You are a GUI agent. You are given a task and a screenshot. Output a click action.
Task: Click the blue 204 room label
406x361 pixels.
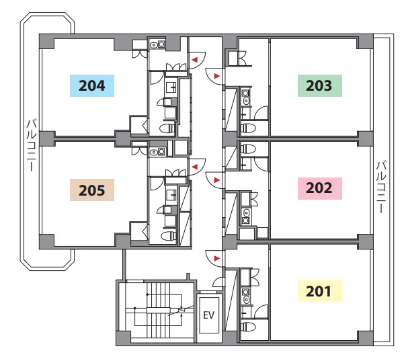click(x=92, y=85)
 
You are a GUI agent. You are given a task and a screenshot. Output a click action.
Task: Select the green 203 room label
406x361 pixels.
click(x=320, y=85)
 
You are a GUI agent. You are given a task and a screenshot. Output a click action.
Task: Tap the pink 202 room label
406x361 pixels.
click(x=320, y=188)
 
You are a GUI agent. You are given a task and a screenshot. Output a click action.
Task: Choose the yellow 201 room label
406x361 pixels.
click(x=320, y=291)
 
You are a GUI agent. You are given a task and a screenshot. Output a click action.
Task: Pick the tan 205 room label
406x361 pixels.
click(x=92, y=190)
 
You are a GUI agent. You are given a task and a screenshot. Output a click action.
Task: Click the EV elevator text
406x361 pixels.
click(x=208, y=315)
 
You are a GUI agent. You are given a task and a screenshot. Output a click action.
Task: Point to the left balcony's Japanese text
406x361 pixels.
click(x=32, y=145)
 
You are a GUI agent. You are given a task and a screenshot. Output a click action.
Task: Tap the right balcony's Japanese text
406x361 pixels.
click(x=381, y=187)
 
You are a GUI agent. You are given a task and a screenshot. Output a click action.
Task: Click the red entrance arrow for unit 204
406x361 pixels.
click(x=195, y=60)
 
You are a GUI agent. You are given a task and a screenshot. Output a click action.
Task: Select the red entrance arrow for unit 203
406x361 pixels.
click(x=217, y=76)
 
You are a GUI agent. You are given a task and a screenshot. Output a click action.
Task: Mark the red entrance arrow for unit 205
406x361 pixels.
click(x=195, y=167)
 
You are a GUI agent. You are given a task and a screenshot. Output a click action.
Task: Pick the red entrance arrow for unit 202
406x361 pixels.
click(x=217, y=180)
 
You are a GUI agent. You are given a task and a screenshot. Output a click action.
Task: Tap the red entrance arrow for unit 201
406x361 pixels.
click(x=217, y=258)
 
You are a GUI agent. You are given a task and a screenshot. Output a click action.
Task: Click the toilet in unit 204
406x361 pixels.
click(x=168, y=128)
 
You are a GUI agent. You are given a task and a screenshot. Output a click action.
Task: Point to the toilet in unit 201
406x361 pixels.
click(x=248, y=326)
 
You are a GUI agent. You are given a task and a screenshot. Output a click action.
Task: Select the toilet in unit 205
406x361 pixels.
click(x=168, y=236)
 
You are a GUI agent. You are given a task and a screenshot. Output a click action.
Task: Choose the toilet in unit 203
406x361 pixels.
click(x=248, y=128)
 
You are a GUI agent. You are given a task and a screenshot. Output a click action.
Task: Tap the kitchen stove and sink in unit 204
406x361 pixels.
click(x=157, y=44)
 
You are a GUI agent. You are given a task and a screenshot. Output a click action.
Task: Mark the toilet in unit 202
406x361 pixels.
click(x=248, y=149)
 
